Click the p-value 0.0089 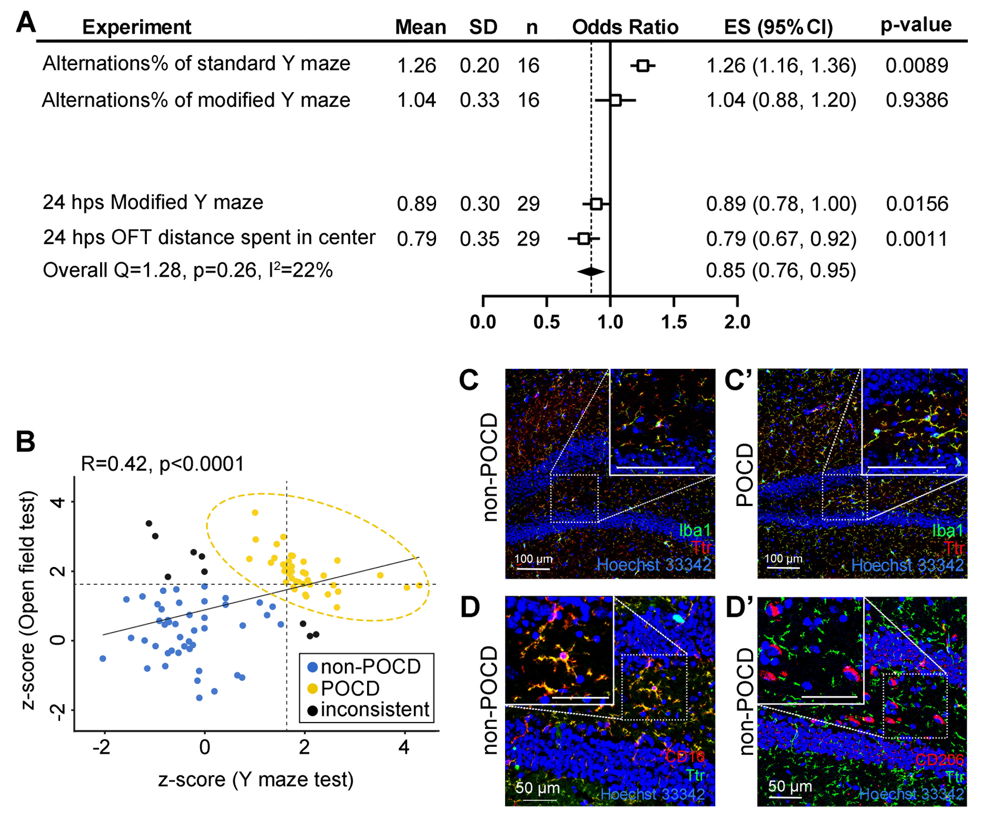916,65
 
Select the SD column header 483,27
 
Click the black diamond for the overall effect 591,271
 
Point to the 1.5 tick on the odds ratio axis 674,322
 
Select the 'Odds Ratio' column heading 625,27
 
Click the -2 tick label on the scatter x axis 101,747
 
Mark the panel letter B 26,441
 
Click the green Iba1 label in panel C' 947,530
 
